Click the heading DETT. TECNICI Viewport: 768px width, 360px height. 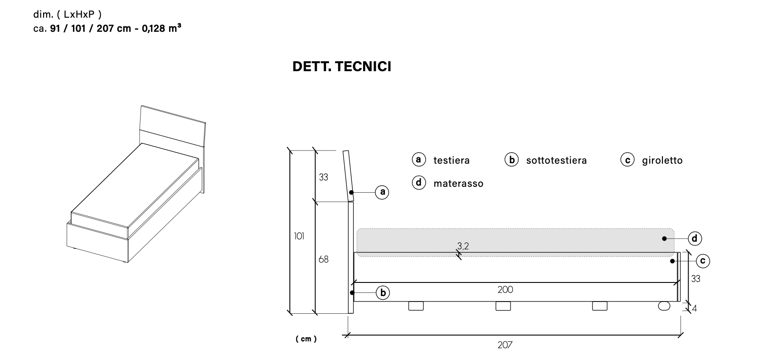pos(341,67)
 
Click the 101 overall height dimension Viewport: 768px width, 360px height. pos(299,236)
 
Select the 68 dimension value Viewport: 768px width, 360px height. pos(323,260)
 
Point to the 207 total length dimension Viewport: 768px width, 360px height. pos(505,345)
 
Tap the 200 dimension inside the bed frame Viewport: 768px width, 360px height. pos(505,290)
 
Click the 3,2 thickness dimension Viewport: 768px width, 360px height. pos(463,246)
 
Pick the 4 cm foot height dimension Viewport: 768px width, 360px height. pos(695,309)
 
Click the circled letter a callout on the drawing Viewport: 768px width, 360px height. pos(383,192)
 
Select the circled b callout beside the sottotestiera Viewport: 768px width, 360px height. pos(383,293)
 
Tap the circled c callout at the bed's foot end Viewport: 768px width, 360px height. pos(703,261)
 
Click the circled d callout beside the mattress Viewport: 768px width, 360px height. pos(695,238)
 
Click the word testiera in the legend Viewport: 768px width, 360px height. pos(451,161)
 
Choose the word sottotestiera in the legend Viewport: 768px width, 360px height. pos(556,161)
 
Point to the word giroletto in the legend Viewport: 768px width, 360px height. pos(662,161)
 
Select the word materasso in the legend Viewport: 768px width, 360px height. pos(458,184)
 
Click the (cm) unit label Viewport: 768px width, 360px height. pos(306,339)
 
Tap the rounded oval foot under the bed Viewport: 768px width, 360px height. pos(664,306)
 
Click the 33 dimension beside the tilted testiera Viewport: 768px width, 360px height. pos(323,177)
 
